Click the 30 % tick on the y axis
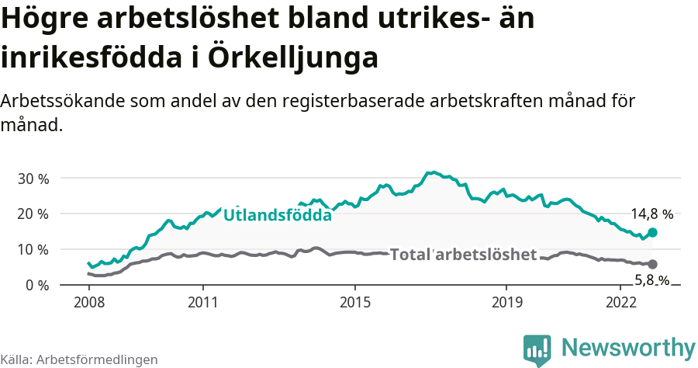(x=33, y=178)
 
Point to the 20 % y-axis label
(x=33, y=214)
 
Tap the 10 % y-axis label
(x=33, y=249)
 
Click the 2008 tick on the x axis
(x=88, y=301)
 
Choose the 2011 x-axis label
(x=202, y=301)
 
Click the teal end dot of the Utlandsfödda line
(x=653, y=232)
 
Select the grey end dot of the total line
(x=653, y=264)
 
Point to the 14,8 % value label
(x=651, y=214)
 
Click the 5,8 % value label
(x=651, y=279)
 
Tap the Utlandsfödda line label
(x=278, y=215)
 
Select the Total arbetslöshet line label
(x=463, y=255)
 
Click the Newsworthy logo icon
(x=537, y=350)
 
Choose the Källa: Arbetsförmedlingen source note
(x=79, y=359)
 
